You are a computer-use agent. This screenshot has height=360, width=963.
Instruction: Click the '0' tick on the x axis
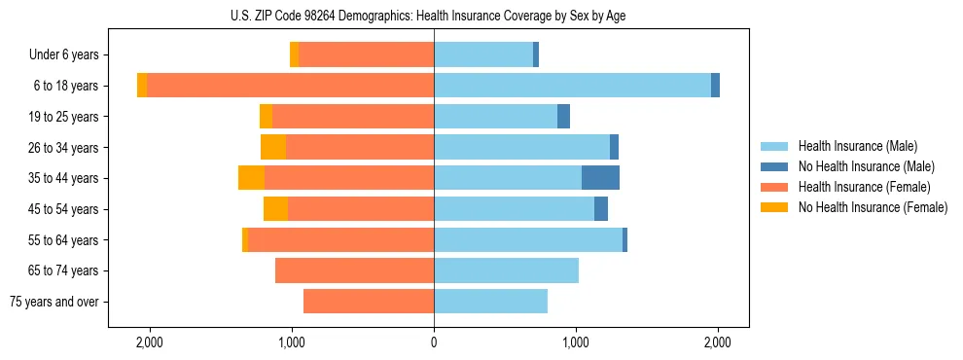click(434, 342)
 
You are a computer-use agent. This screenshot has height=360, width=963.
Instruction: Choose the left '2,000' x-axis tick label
click(150, 342)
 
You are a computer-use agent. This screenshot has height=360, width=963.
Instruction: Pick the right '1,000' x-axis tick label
click(576, 342)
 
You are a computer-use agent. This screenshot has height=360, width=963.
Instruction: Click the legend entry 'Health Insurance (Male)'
click(857, 146)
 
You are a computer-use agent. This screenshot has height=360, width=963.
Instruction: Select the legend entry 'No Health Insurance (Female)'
click(873, 207)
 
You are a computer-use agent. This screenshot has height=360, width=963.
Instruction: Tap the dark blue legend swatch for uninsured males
click(775, 166)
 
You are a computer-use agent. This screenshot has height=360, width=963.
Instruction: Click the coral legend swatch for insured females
click(775, 187)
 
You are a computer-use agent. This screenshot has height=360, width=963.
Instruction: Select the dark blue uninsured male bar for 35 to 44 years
click(600, 178)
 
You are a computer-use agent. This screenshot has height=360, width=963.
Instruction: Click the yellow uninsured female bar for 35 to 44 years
click(251, 178)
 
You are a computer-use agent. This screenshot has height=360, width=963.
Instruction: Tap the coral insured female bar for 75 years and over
click(369, 302)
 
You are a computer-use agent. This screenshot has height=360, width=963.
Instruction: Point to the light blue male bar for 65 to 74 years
click(506, 270)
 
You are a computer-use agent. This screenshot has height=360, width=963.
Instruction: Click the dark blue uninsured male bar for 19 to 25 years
click(563, 117)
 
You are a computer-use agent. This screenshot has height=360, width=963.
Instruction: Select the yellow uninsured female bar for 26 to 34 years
click(273, 147)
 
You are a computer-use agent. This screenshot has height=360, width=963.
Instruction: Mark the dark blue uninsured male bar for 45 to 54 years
click(601, 209)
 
